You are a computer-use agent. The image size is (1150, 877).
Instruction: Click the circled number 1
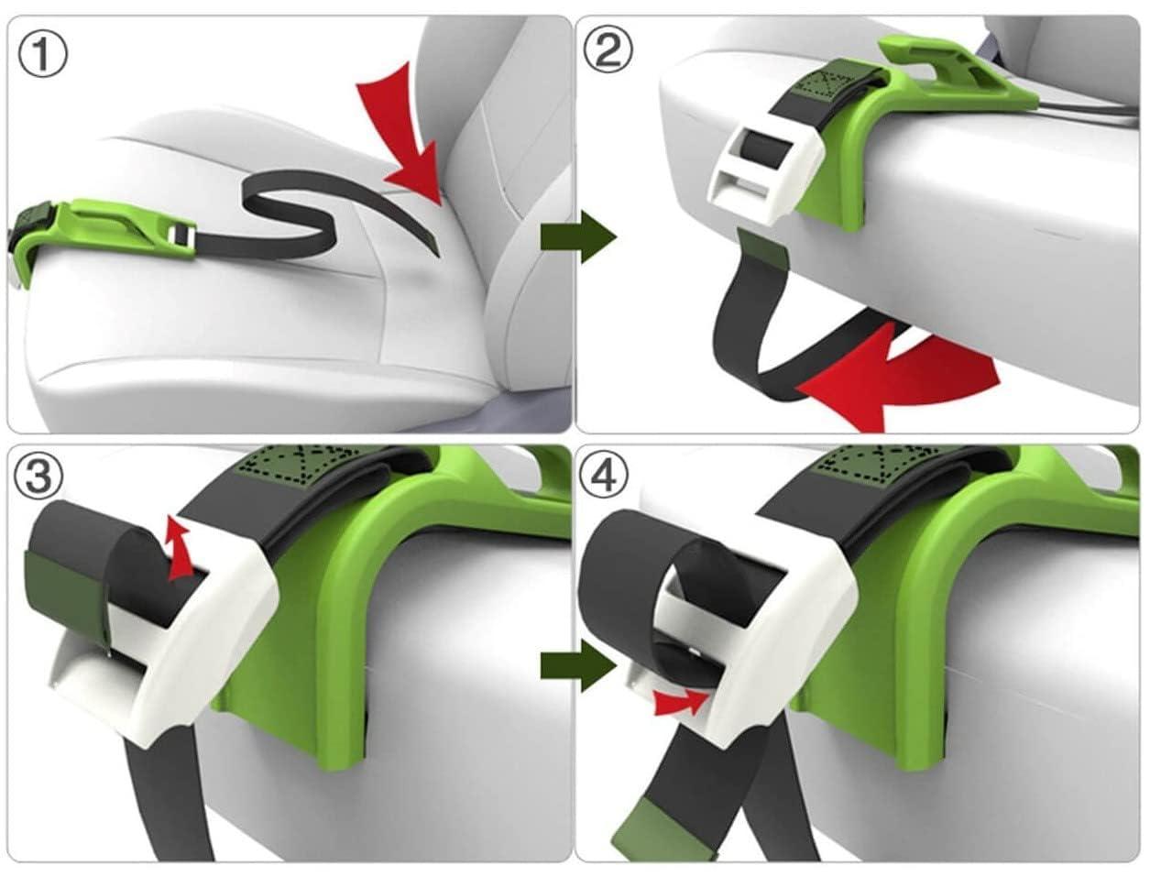pyautogui.click(x=42, y=54)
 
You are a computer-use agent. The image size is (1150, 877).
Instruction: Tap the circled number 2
pyautogui.click(x=608, y=51)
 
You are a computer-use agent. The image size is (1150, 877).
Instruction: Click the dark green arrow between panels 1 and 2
pyautogui.click(x=578, y=237)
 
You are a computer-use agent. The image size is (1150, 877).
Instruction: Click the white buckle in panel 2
pyautogui.click(x=765, y=178)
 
